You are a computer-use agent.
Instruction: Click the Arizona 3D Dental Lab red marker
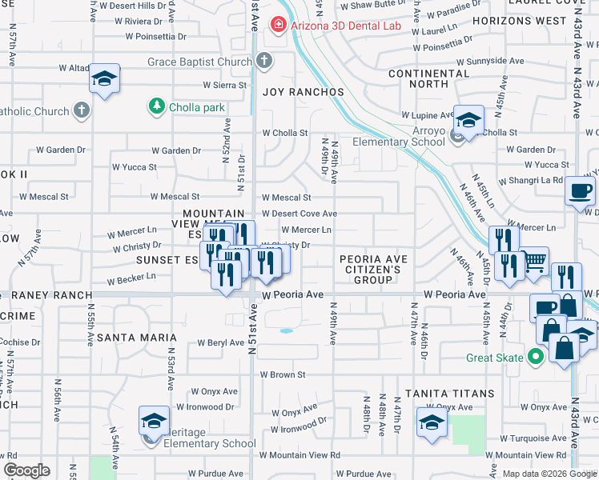(x=279, y=26)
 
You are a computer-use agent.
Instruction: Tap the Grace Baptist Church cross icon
(x=265, y=62)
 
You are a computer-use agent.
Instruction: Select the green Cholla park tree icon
(x=156, y=106)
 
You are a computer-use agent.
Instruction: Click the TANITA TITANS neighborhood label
(x=449, y=394)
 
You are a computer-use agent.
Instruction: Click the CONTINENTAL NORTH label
(x=428, y=78)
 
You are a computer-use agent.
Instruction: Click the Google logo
(x=26, y=470)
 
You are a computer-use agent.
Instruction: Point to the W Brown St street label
(x=283, y=374)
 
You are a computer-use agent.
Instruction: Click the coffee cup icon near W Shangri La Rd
(x=580, y=191)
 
